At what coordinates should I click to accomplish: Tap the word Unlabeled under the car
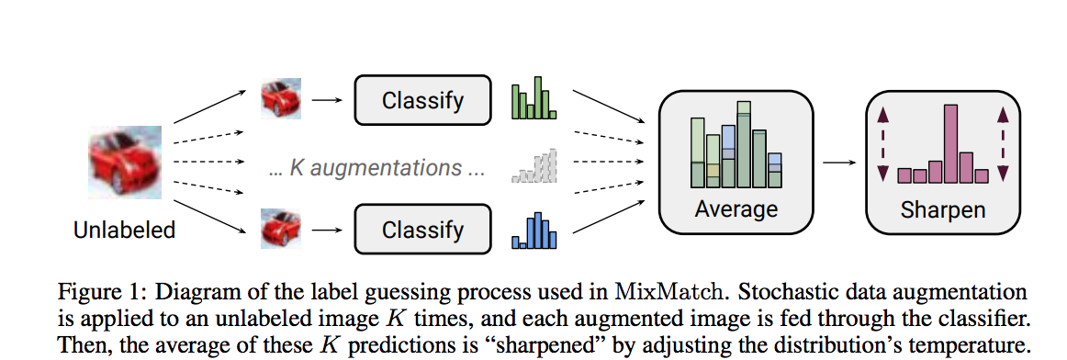click(x=125, y=230)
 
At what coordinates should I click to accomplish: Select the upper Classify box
click(x=422, y=100)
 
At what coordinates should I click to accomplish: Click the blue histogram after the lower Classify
click(x=534, y=231)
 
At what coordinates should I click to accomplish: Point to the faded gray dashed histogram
click(x=534, y=166)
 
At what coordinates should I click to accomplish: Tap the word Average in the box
click(x=736, y=208)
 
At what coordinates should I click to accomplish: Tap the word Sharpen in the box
click(x=942, y=208)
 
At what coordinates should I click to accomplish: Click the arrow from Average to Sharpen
click(x=838, y=163)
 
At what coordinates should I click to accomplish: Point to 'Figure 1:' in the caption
click(x=97, y=293)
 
